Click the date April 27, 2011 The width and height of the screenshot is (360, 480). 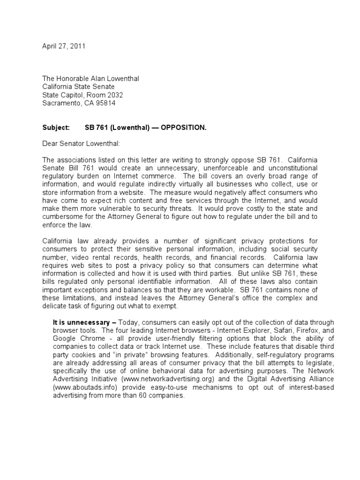tap(64, 46)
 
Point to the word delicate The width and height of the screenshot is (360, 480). tap(56, 306)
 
